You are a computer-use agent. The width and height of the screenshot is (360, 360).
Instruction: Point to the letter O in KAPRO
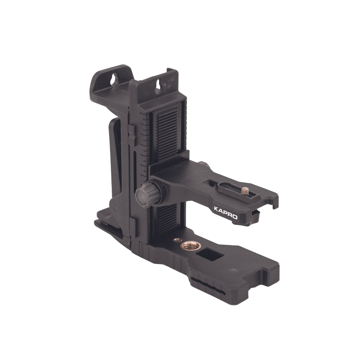tap(235, 217)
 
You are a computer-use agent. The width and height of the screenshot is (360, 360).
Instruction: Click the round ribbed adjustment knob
tap(144, 195)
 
